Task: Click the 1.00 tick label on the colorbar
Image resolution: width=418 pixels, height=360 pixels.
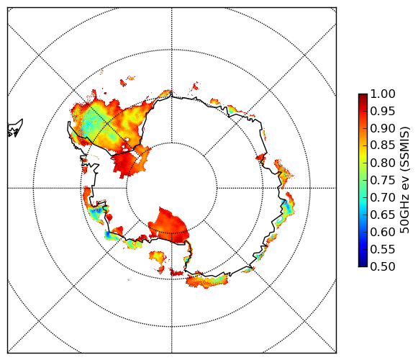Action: [x=383, y=94]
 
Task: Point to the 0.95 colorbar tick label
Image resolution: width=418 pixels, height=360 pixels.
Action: [x=383, y=112]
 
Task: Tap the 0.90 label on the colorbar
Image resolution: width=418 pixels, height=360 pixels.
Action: [x=383, y=128]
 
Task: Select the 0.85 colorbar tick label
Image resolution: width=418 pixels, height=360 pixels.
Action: [x=383, y=145]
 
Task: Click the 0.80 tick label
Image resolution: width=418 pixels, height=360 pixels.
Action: [x=383, y=163]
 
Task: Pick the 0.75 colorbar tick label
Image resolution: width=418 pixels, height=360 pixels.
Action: [x=383, y=180]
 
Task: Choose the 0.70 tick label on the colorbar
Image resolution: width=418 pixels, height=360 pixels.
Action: [x=383, y=197]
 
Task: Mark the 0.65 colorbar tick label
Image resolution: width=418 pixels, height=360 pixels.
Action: [x=383, y=215]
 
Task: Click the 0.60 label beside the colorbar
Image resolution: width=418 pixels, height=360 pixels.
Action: [x=383, y=232]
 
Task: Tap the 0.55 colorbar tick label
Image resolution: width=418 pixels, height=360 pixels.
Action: [x=383, y=249]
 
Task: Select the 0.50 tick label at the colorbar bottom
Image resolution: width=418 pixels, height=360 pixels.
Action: [x=383, y=266]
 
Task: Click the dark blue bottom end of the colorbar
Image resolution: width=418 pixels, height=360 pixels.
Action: [x=363, y=264]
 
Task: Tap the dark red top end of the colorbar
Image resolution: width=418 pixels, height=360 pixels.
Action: [x=363, y=96]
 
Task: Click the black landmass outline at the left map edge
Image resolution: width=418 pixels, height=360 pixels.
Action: [x=15, y=128]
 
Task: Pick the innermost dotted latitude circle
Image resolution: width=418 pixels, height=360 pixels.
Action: [x=172, y=143]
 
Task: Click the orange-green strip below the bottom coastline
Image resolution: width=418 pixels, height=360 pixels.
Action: [x=207, y=281]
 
